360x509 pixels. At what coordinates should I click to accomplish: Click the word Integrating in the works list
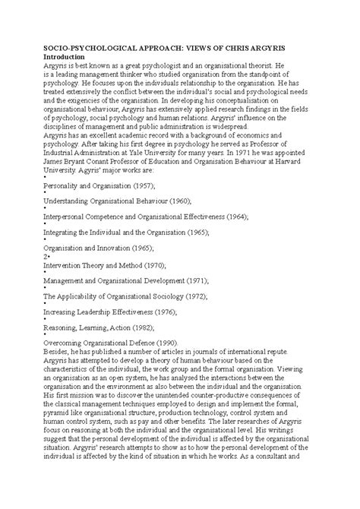pos(44,231)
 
